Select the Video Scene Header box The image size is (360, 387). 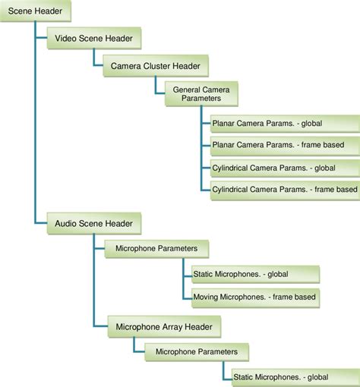[x=94, y=38]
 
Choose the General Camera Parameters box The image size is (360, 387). [x=201, y=94]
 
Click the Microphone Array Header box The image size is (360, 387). [x=163, y=327]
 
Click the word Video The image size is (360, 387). [x=67, y=38]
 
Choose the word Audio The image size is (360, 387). [x=68, y=223]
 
